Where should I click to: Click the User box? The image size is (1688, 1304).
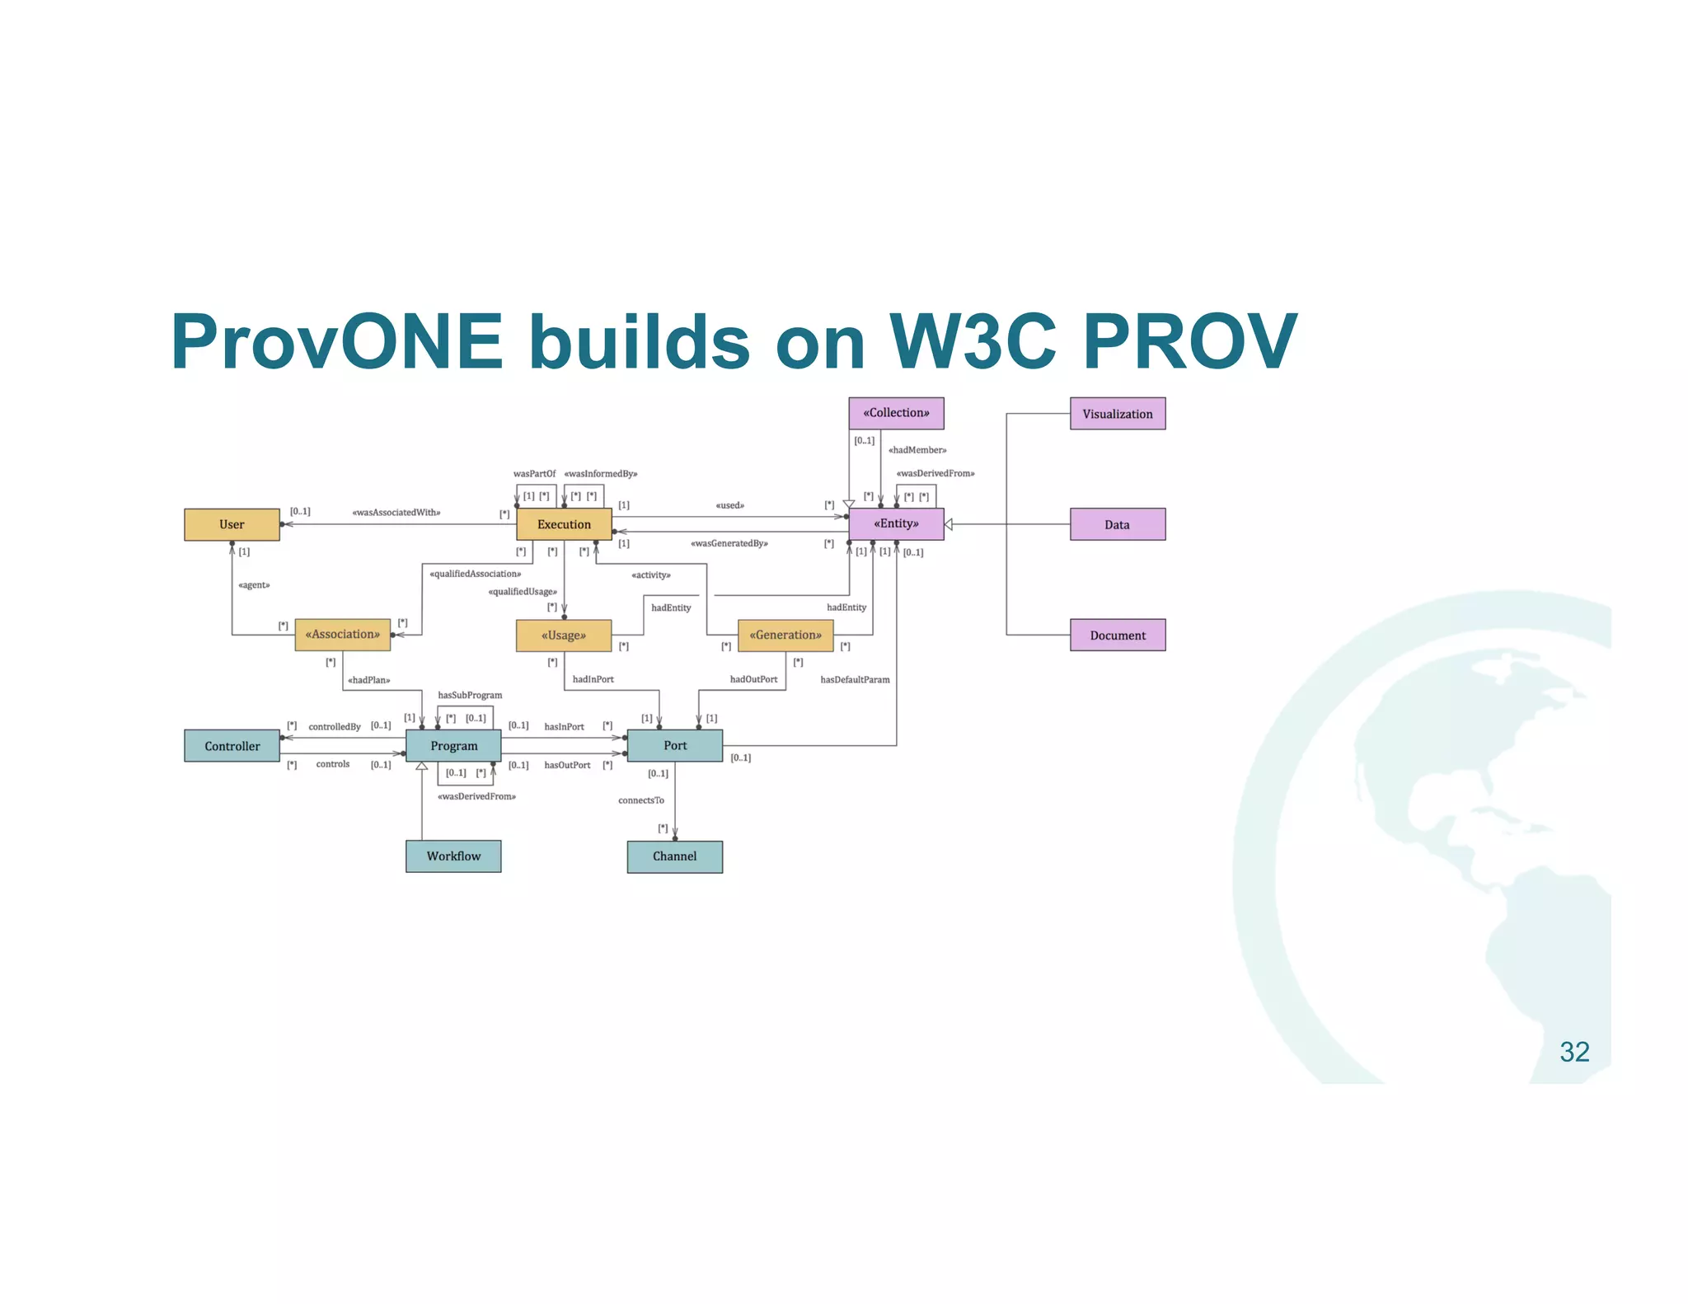point(232,524)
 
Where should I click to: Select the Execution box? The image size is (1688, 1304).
point(564,524)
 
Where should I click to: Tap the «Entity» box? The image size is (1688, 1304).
point(896,523)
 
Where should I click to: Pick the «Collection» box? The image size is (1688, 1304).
point(896,413)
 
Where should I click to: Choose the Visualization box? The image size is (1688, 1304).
point(1117,414)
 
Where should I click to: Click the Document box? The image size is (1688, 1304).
point(1117,635)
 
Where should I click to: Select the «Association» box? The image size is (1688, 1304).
point(342,635)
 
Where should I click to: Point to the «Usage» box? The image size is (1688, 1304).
point(564,636)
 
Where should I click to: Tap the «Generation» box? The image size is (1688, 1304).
point(785,635)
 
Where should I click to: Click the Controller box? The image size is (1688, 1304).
point(232,746)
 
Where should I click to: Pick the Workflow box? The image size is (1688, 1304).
point(453,856)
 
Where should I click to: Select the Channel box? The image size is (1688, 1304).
point(674,856)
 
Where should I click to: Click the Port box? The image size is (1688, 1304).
point(674,745)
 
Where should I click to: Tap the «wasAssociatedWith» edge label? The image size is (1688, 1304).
point(396,513)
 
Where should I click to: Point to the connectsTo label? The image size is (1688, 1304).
point(640,800)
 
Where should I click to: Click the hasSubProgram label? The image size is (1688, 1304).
point(470,695)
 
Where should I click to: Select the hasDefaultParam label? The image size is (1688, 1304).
point(855,679)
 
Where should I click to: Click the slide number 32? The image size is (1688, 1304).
point(1573,1052)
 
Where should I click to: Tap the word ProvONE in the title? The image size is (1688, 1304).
point(336,342)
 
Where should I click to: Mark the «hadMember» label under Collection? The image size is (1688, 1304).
point(917,450)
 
